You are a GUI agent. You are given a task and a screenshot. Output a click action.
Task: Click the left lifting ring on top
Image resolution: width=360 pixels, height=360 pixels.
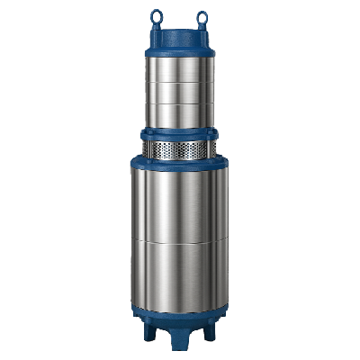pos(158,15)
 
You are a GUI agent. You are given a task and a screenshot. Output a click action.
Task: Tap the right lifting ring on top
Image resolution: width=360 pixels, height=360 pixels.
pos(201,15)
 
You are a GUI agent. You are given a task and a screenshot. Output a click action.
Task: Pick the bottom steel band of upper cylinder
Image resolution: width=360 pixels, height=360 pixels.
pos(180,115)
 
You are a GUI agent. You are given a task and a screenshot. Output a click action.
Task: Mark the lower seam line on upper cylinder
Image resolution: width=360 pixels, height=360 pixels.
pos(180,103)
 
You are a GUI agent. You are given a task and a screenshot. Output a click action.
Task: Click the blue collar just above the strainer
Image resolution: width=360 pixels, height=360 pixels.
pos(180,132)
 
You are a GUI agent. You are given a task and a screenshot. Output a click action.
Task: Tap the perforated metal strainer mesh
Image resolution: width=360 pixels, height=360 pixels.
pos(180,147)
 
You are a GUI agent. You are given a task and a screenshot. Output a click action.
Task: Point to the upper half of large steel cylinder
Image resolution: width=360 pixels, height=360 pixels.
pos(180,202)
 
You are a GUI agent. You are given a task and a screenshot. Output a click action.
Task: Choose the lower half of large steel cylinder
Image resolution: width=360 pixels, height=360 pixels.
pos(180,274)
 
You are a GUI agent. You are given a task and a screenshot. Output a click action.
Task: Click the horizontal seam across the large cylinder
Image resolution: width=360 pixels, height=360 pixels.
pos(180,240)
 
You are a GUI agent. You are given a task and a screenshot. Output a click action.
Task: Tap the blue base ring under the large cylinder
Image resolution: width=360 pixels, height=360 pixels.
pos(180,315)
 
